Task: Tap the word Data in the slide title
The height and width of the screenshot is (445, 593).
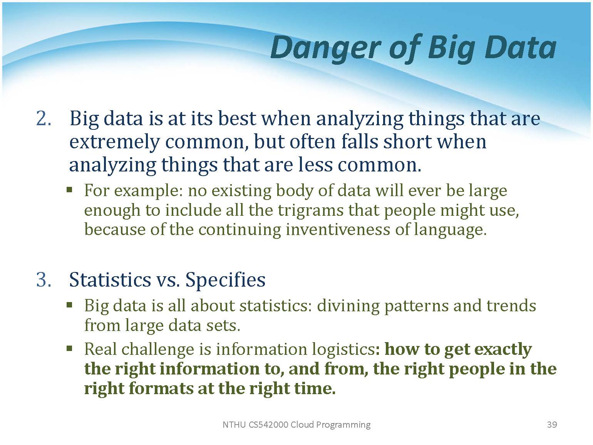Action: click(521, 47)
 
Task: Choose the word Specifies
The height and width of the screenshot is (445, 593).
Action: click(225, 280)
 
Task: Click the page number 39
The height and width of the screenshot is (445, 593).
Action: click(552, 425)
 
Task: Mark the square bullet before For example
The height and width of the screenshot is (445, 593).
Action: click(70, 190)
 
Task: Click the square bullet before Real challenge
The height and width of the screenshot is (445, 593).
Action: click(70, 349)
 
